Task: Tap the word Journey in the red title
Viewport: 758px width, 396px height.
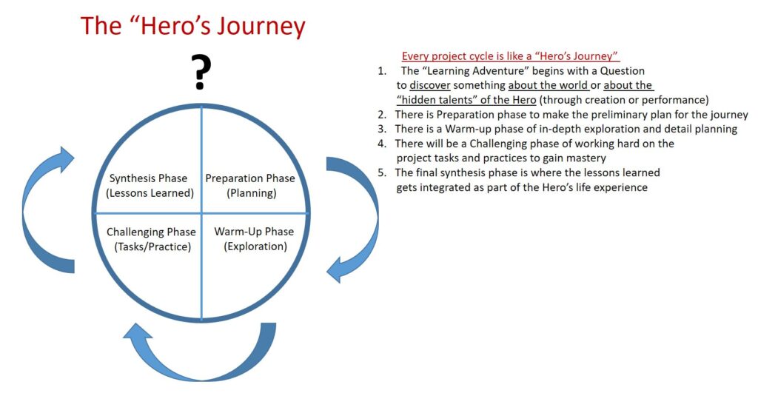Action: click(261, 27)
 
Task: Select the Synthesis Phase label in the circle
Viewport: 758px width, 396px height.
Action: click(148, 178)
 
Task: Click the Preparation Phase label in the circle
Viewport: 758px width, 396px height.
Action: click(250, 178)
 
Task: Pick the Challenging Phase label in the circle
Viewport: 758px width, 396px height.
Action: click(151, 232)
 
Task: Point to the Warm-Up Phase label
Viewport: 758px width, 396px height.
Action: click(255, 232)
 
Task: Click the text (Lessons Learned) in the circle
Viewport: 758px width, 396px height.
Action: click(150, 193)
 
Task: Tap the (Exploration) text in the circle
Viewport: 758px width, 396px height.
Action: click(255, 246)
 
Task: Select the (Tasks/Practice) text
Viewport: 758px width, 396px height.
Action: click(152, 247)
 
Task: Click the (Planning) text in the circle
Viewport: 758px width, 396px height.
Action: click(252, 193)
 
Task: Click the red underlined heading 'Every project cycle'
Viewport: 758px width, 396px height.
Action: click(511, 56)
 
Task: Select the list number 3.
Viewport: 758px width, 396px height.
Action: click(382, 129)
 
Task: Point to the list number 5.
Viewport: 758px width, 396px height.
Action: click(382, 172)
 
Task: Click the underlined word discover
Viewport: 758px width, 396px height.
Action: click(430, 86)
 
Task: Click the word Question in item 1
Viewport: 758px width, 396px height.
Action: click(622, 71)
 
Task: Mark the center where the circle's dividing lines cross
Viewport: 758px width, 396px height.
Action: click(201, 212)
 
